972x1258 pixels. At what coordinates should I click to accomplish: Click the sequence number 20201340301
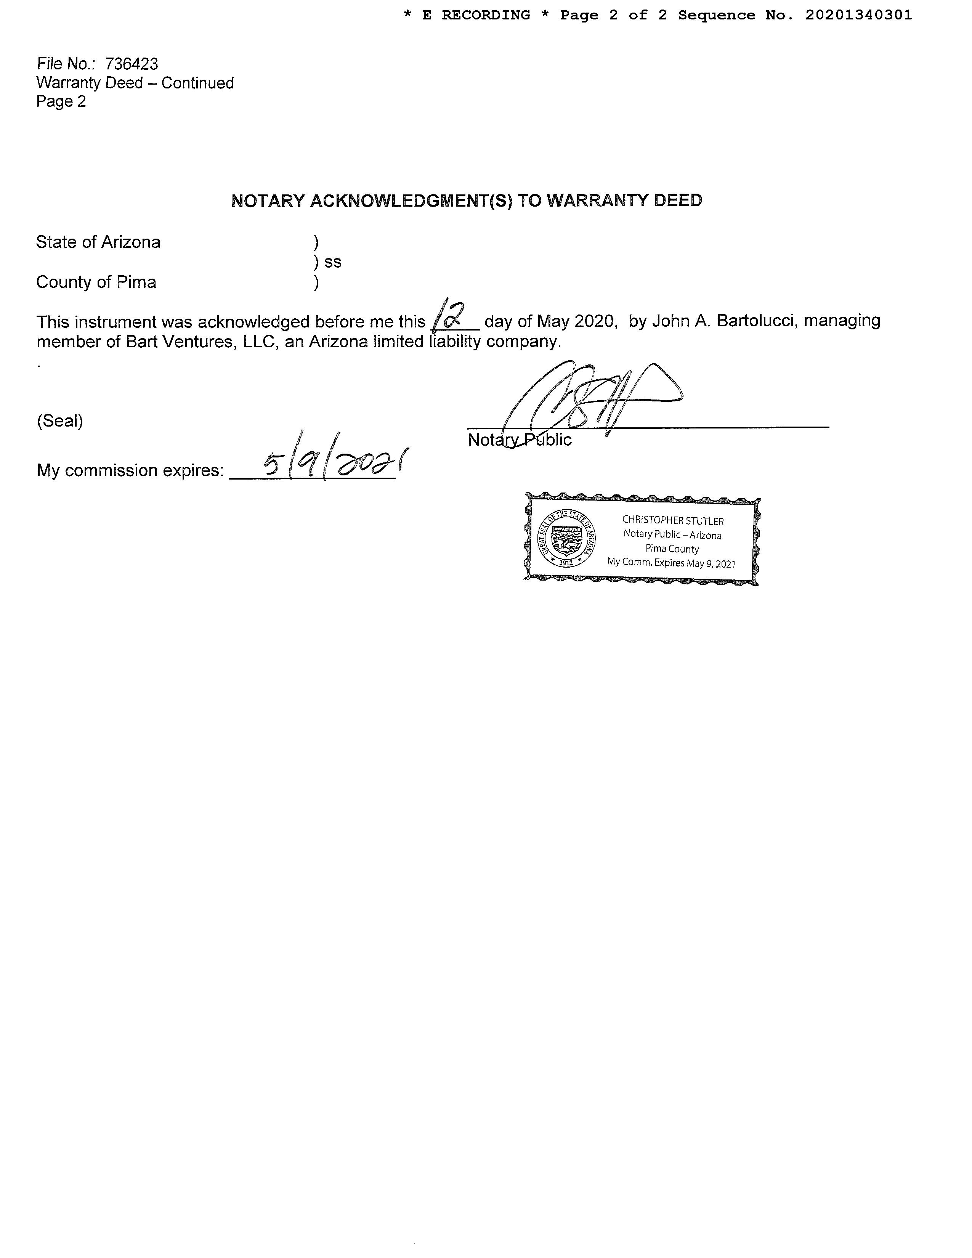click(858, 16)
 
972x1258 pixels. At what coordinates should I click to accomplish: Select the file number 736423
click(131, 64)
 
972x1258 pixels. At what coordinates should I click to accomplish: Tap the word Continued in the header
click(197, 83)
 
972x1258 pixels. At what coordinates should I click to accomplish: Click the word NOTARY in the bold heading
click(268, 201)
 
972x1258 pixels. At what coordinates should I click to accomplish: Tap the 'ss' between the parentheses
click(333, 262)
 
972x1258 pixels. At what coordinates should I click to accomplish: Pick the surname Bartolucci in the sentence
click(752, 321)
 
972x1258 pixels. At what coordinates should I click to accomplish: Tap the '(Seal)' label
click(60, 421)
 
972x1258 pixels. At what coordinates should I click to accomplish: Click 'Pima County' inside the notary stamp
click(672, 549)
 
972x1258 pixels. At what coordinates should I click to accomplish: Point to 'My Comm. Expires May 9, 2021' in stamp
click(671, 563)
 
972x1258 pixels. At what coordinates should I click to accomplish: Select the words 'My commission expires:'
click(130, 470)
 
